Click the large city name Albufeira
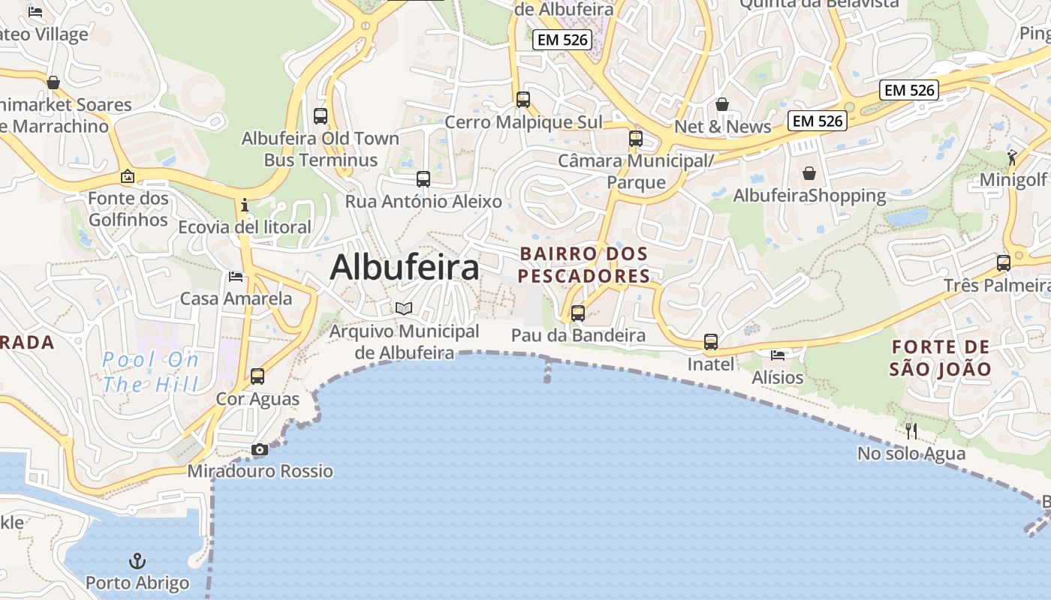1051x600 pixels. tap(405, 267)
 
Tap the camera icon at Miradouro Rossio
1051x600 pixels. tap(260, 450)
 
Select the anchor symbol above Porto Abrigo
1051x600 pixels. tap(137, 561)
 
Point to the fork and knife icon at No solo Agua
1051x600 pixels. tap(911, 430)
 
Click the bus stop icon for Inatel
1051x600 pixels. tap(711, 343)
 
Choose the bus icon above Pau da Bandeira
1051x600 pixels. tap(578, 313)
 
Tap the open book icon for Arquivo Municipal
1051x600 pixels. tap(404, 308)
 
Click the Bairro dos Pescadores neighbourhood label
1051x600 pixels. tap(583, 265)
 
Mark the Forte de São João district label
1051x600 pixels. tap(940, 358)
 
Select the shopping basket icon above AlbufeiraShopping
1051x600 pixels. tap(809, 174)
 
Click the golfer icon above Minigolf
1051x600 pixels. tap(1013, 157)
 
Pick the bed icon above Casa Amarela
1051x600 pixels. tap(236, 277)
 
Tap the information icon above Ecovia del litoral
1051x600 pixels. tap(244, 205)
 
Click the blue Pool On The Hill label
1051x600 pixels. tap(151, 372)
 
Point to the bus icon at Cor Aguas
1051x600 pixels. tap(257, 376)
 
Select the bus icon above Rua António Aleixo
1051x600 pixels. tap(423, 179)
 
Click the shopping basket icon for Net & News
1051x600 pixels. tap(722, 104)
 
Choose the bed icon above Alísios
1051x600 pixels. tap(778, 355)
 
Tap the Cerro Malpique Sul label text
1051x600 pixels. tap(523, 121)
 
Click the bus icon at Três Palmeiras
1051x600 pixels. tap(1004, 263)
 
